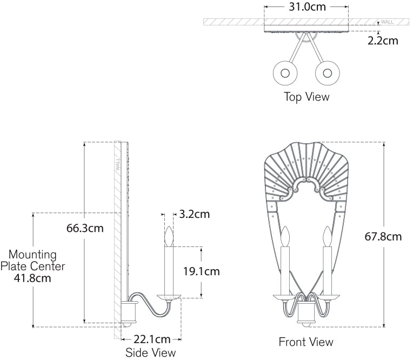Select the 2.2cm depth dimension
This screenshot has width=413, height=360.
click(383, 40)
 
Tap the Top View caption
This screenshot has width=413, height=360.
click(307, 97)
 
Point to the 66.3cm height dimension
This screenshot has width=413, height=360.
click(85, 228)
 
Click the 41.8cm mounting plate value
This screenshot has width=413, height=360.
click(32, 279)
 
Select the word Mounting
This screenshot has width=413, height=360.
click(32, 254)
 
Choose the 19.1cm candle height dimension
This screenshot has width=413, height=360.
click(201, 271)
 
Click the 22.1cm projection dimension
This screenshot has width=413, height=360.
click(151, 339)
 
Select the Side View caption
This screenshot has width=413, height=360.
click(150, 352)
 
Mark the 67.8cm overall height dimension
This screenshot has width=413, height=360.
click(383, 236)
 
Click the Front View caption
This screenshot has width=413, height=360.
click(306, 342)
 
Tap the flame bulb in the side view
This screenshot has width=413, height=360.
click(169, 237)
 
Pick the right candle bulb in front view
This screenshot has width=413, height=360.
click(327, 236)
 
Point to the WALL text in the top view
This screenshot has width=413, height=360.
click(387, 22)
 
